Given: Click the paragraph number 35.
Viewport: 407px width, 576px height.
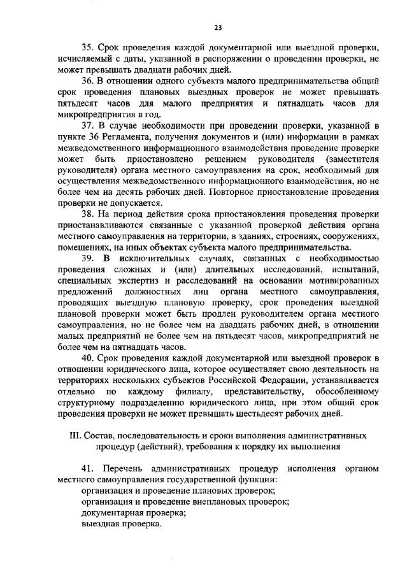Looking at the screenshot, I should tap(88, 48).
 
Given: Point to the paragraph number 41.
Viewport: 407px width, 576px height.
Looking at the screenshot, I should tap(89, 469).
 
